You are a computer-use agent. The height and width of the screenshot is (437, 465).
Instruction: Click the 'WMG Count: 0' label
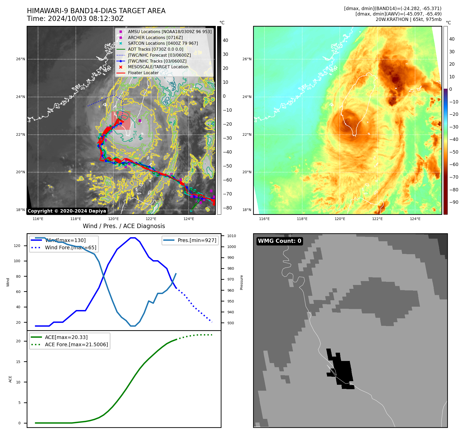(x=279, y=241)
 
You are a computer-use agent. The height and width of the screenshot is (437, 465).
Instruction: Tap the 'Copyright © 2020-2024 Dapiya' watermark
(x=67, y=211)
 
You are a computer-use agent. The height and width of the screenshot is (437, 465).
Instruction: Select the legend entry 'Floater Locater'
(x=143, y=73)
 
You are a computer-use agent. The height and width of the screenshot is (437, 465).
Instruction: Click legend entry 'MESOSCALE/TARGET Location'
(x=158, y=67)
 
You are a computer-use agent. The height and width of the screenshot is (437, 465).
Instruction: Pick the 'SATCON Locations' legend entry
(x=163, y=43)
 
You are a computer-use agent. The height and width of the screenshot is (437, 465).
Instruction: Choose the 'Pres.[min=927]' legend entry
(x=197, y=240)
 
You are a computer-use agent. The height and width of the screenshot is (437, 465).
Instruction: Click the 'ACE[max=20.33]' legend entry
(x=66, y=337)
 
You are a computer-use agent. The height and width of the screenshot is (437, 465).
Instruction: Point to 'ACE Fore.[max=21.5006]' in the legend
(x=76, y=344)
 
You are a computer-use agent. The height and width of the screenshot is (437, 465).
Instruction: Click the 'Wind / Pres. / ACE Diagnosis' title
(x=124, y=226)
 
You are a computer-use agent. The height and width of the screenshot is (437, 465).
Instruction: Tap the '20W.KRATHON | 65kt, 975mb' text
(x=408, y=19)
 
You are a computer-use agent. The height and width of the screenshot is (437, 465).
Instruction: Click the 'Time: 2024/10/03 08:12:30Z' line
(x=75, y=19)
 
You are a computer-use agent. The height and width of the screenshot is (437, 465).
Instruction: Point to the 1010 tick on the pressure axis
(x=231, y=236)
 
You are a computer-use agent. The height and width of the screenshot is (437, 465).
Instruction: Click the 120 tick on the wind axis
(x=17, y=246)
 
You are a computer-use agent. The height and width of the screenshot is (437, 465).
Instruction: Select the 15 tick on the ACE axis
(x=18, y=362)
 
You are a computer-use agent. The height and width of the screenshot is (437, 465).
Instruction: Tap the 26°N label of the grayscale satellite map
(x=20, y=59)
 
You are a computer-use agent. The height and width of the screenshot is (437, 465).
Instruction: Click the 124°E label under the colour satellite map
(x=415, y=219)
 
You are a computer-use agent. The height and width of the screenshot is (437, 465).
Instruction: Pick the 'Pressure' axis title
(x=241, y=282)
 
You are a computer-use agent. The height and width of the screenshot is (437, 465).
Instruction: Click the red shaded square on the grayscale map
(x=121, y=120)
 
